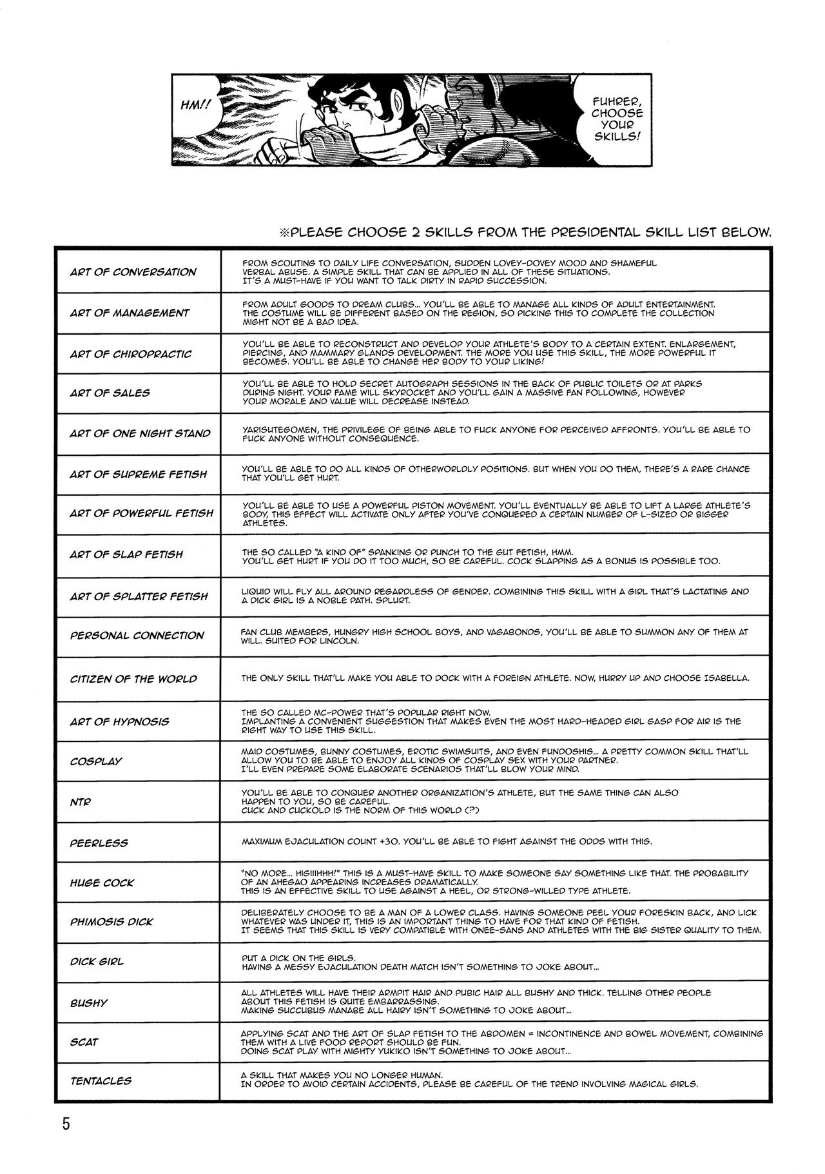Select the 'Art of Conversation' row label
pyautogui.click(x=133, y=272)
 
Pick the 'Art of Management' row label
pyautogui.click(x=130, y=313)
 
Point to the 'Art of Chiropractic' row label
pyautogui.click(x=131, y=354)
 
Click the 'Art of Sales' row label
pyautogui.click(x=110, y=393)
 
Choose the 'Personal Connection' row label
pyautogui.click(x=137, y=636)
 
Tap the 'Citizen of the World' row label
pyautogui.click(x=133, y=679)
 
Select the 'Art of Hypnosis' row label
pyautogui.click(x=119, y=721)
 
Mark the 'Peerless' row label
pyautogui.click(x=99, y=843)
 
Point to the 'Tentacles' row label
pyautogui.click(x=101, y=1080)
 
